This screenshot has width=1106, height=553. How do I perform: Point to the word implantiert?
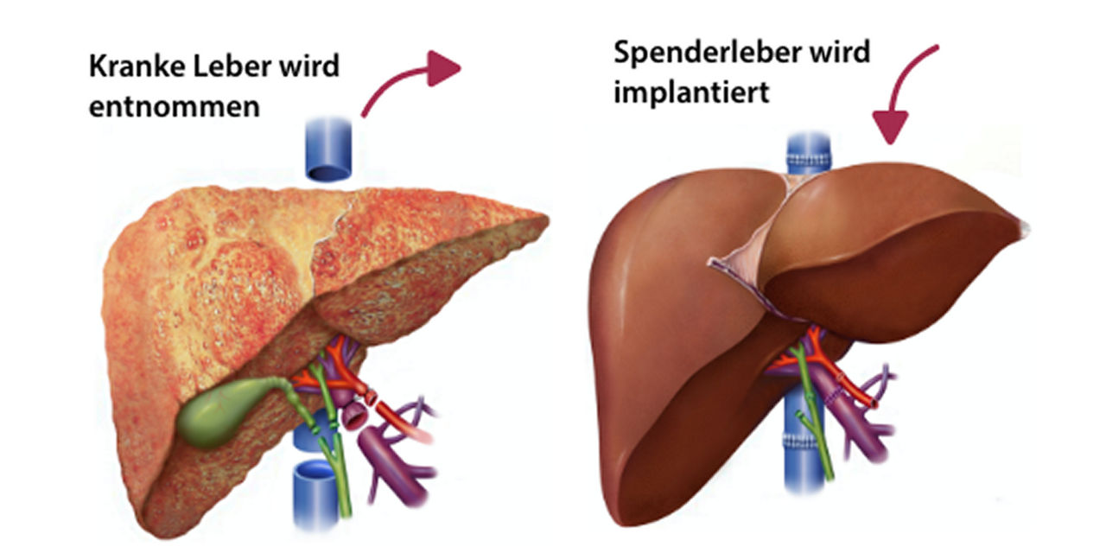(691, 92)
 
